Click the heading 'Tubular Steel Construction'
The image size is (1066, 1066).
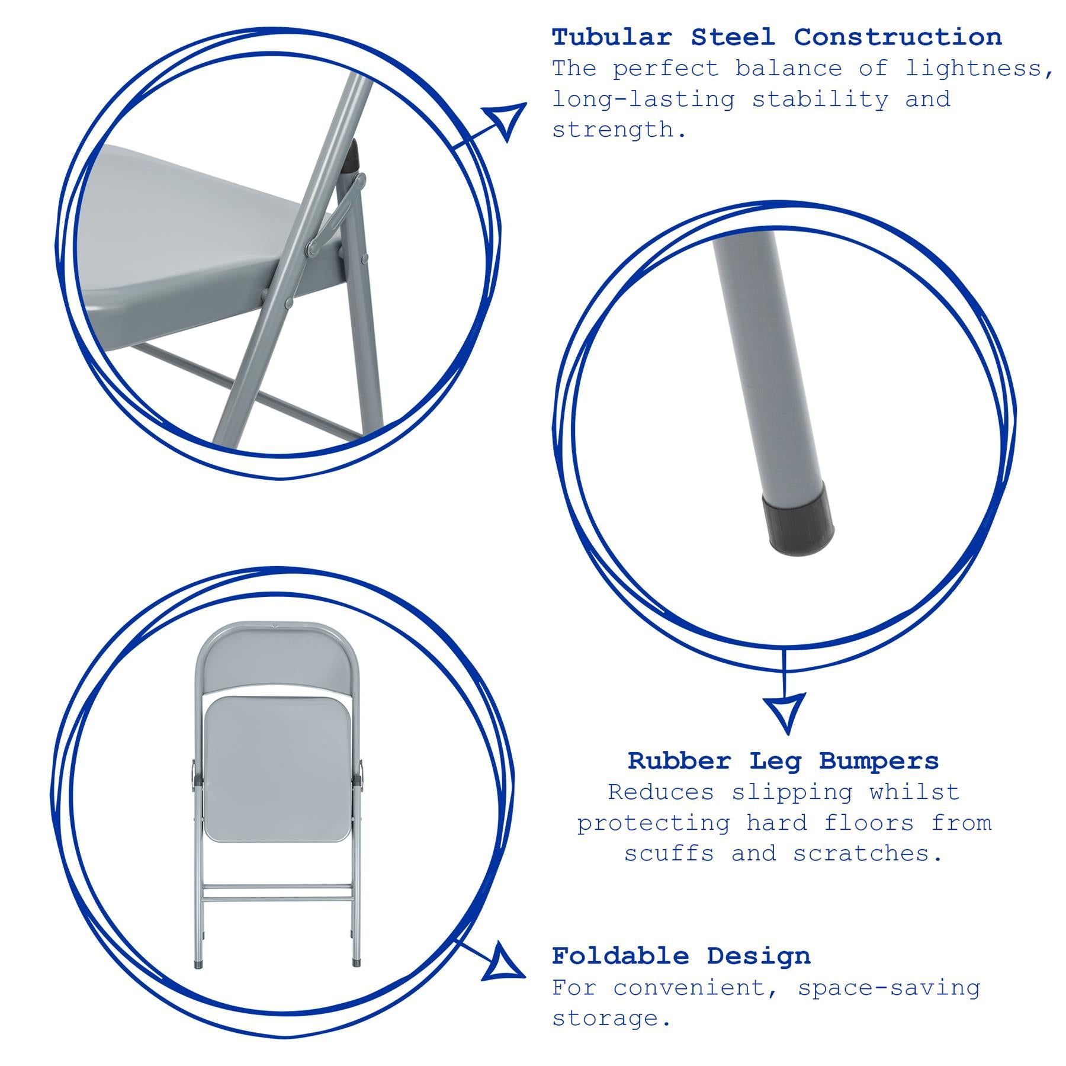[776, 37]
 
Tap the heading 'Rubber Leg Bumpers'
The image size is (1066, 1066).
[783, 761]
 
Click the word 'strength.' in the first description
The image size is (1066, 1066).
[619, 130]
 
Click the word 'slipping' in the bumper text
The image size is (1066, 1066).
[792, 792]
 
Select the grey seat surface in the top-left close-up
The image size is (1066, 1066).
[190, 237]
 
